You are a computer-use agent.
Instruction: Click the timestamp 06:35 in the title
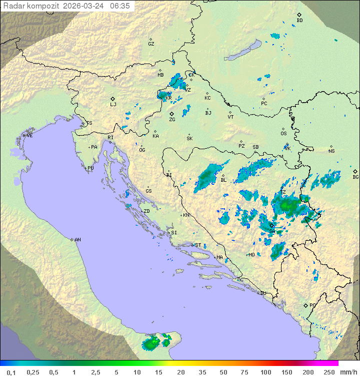pyautogui.click(x=119, y=6)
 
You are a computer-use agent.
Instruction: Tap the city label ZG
pyautogui.click(x=172, y=120)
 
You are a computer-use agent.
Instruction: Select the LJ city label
pyautogui.click(x=113, y=105)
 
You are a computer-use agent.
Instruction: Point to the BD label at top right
pyautogui.click(x=299, y=21)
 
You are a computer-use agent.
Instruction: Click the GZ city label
pyautogui.click(x=151, y=44)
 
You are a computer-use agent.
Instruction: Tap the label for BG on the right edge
pyautogui.click(x=355, y=177)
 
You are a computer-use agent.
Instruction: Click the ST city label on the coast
pyautogui.click(x=198, y=245)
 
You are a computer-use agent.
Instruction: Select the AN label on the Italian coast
pyautogui.click(x=77, y=240)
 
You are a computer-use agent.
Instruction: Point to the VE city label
pyautogui.click(x=29, y=136)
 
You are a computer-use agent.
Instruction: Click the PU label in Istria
pyautogui.click(x=90, y=168)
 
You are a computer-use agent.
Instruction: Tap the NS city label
pyautogui.click(x=331, y=151)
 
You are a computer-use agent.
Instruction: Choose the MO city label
pyautogui.click(x=251, y=254)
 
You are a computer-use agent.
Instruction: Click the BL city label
pyautogui.click(x=223, y=180)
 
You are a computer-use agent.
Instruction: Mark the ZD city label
pyautogui.click(x=146, y=211)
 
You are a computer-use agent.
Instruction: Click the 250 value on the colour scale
pyautogui.click(x=329, y=372)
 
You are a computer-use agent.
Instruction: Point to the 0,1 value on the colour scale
pyautogui.click(x=11, y=372)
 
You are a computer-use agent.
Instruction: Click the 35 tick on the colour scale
pyautogui.click(x=202, y=372)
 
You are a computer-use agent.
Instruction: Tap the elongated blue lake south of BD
pyautogui.click(x=241, y=51)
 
